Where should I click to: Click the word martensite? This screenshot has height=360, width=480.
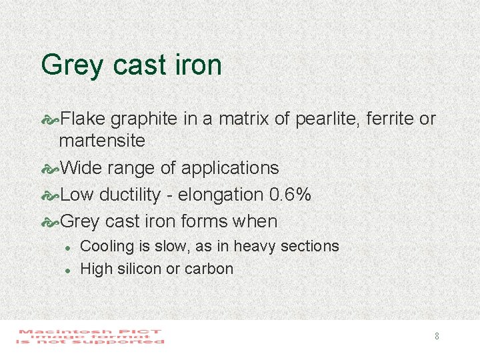click(x=102, y=141)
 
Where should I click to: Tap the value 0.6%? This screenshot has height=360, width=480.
click(x=290, y=195)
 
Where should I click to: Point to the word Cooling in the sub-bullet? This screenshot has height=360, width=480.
click(x=107, y=246)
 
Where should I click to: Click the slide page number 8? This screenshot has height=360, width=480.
click(x=437, y=336)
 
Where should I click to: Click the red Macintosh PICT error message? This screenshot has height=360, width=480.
click(x=91, y=337)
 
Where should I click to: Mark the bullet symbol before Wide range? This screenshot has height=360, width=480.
click(x=50, y=168)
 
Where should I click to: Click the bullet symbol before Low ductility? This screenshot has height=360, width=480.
click(x=50, y=195)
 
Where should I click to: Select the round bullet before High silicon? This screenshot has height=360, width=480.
click(x=67, y=270)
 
